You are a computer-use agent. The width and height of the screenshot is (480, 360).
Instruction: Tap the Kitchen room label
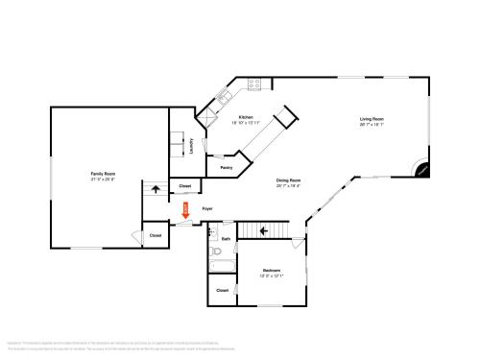click(x=247, y=117)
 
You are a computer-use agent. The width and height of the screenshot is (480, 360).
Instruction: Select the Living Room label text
click(x=372, y=119)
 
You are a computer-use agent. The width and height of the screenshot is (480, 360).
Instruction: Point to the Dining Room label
click(x=289, y=180)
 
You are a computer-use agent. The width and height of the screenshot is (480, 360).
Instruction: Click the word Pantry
click(x=227, y=168)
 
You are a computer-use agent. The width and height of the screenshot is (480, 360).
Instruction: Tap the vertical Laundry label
click(x=192, y=146)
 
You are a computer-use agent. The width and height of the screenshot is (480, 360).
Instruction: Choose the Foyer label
click(x=207, y=208)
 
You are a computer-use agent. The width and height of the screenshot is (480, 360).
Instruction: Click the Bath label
click(x=227, y=238)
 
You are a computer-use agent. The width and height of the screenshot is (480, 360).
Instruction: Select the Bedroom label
click(x=271, y=271)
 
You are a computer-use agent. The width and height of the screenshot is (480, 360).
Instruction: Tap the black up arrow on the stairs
click(x=156, y=190)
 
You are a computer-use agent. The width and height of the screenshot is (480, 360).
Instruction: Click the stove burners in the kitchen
click(x=256, y=84)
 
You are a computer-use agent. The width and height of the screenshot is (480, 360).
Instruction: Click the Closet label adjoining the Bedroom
click(x=222, y=290)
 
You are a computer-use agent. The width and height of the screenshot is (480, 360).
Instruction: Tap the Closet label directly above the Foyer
click(x=184, y=185)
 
